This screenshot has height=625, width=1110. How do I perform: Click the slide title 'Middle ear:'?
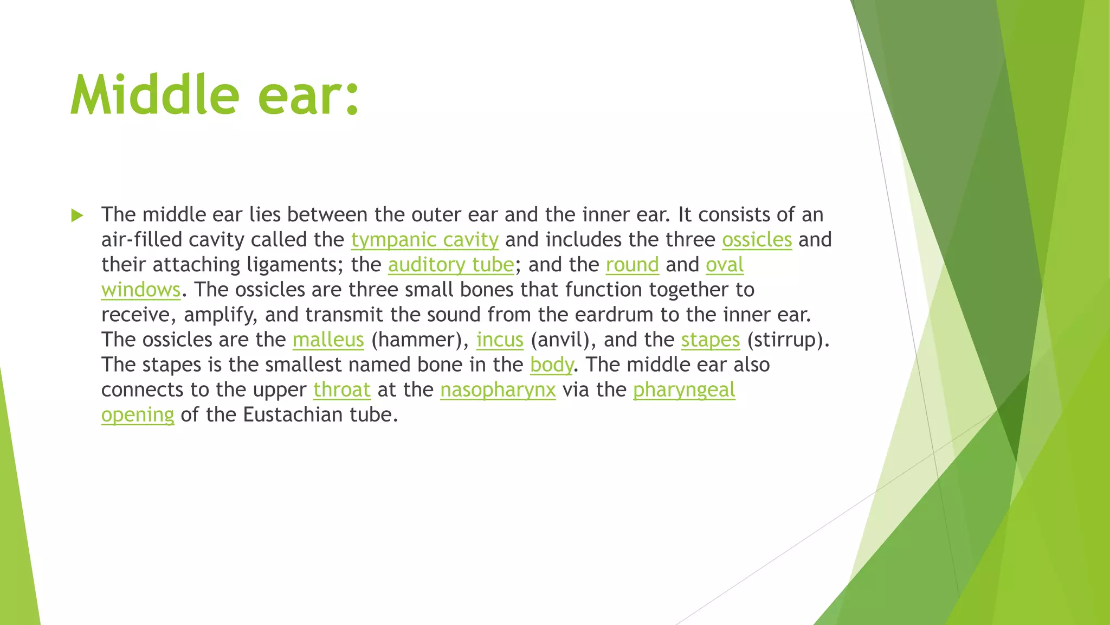(215, 95)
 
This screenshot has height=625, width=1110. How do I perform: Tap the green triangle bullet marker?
(77, 215)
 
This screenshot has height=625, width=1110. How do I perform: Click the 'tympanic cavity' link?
(424, 240)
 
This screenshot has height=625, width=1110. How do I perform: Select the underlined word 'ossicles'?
(757, 240)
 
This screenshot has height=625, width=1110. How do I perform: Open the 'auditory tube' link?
(450, 265)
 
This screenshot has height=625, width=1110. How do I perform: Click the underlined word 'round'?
(632, 265)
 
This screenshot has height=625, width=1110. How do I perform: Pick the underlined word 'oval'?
(724, 265)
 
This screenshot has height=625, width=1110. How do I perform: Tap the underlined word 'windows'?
(140, 290)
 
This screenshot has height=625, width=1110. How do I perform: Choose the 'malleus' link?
(328, 340)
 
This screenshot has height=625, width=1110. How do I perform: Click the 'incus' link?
(500, 340)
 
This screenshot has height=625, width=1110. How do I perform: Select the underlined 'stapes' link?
(710, 340)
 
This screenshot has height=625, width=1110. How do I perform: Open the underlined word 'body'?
(551, 365)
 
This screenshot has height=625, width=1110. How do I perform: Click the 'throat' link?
(341, 390)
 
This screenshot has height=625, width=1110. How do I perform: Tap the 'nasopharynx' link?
(498, 390)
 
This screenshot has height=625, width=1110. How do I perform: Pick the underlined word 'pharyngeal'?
(684, 390)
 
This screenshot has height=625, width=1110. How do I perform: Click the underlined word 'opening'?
(138, 415)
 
